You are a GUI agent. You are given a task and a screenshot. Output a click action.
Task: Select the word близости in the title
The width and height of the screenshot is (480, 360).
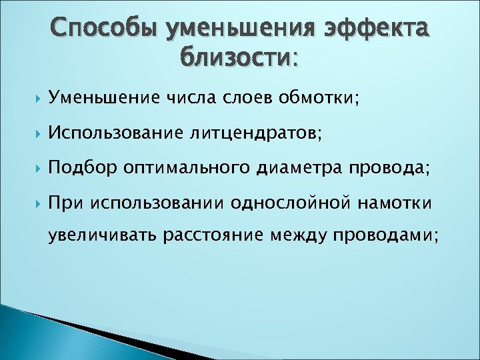(x=235, y=59)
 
